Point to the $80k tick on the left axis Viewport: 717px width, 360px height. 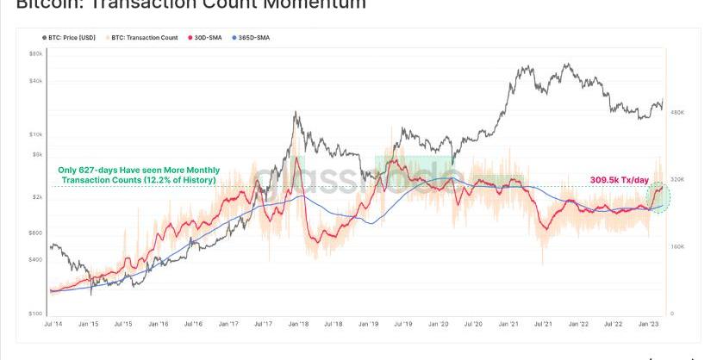[x=35, y=53]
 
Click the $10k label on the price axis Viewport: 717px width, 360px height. [x=35, y=133]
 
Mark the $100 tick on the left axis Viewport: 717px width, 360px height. [x=35, y=314]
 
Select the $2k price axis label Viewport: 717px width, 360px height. [x=36, y=197]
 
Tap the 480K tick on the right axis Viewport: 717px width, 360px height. [x=676, y=112]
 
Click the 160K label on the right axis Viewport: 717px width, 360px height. [x=676, y=246]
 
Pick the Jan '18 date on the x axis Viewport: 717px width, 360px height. [x=298, y=325]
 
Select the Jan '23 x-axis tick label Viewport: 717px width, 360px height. [x=650, y=325]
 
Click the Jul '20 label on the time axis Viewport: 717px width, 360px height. [x=474, y=325]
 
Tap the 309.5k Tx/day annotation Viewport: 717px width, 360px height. [x=619, y=179]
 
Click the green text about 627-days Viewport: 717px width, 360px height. [x=138, y=175]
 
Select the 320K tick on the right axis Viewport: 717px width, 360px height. [x=676, y=179]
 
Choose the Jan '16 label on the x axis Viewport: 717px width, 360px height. [x=158, y=325]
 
